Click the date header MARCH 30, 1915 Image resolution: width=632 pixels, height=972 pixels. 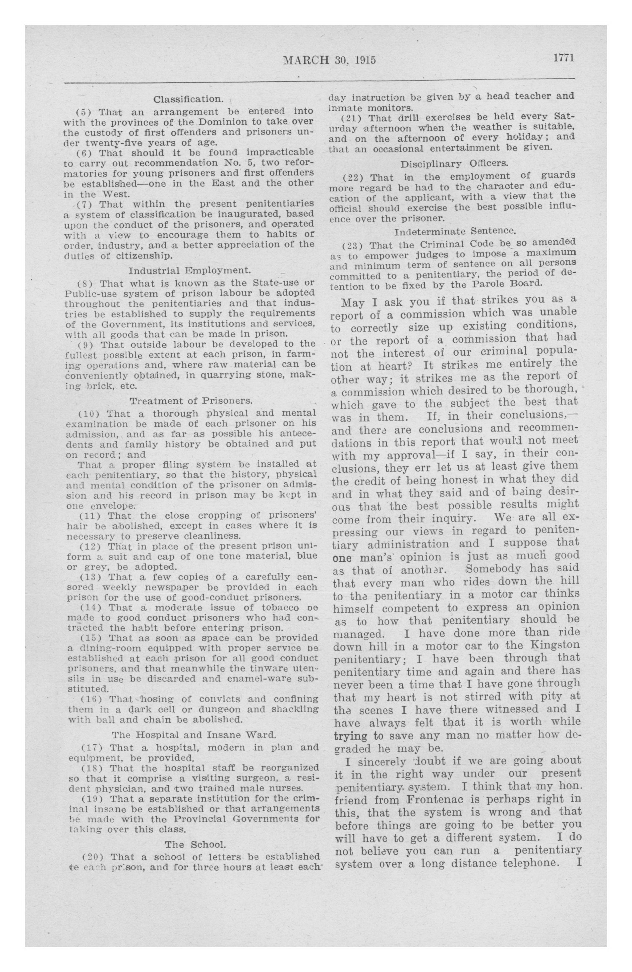pyautogui.click(x=329, y=60)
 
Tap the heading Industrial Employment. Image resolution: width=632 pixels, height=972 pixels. pyautogui.click(x=189, y=270)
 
